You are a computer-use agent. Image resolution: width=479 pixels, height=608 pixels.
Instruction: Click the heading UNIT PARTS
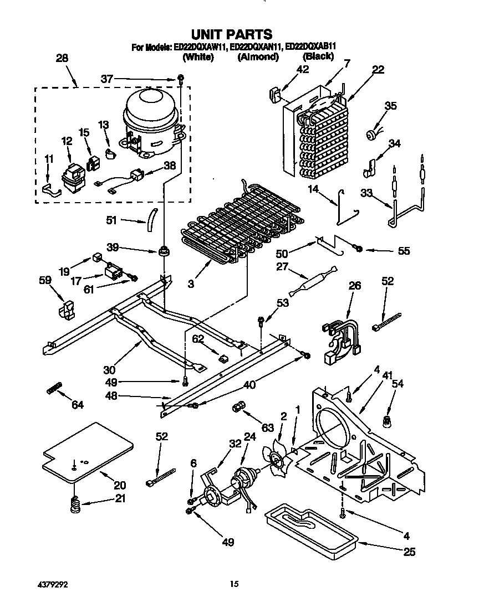click(239, 35)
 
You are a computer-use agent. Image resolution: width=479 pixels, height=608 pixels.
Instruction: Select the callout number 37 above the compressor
click(106, 79)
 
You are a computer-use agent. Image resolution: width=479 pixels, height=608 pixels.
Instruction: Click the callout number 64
click(77, 405)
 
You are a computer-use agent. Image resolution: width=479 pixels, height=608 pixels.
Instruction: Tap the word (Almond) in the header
click(258, 57)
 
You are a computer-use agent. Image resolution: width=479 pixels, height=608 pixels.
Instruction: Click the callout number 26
click(354, 286)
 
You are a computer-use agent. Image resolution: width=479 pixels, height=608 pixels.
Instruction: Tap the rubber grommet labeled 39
click(164, 252)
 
